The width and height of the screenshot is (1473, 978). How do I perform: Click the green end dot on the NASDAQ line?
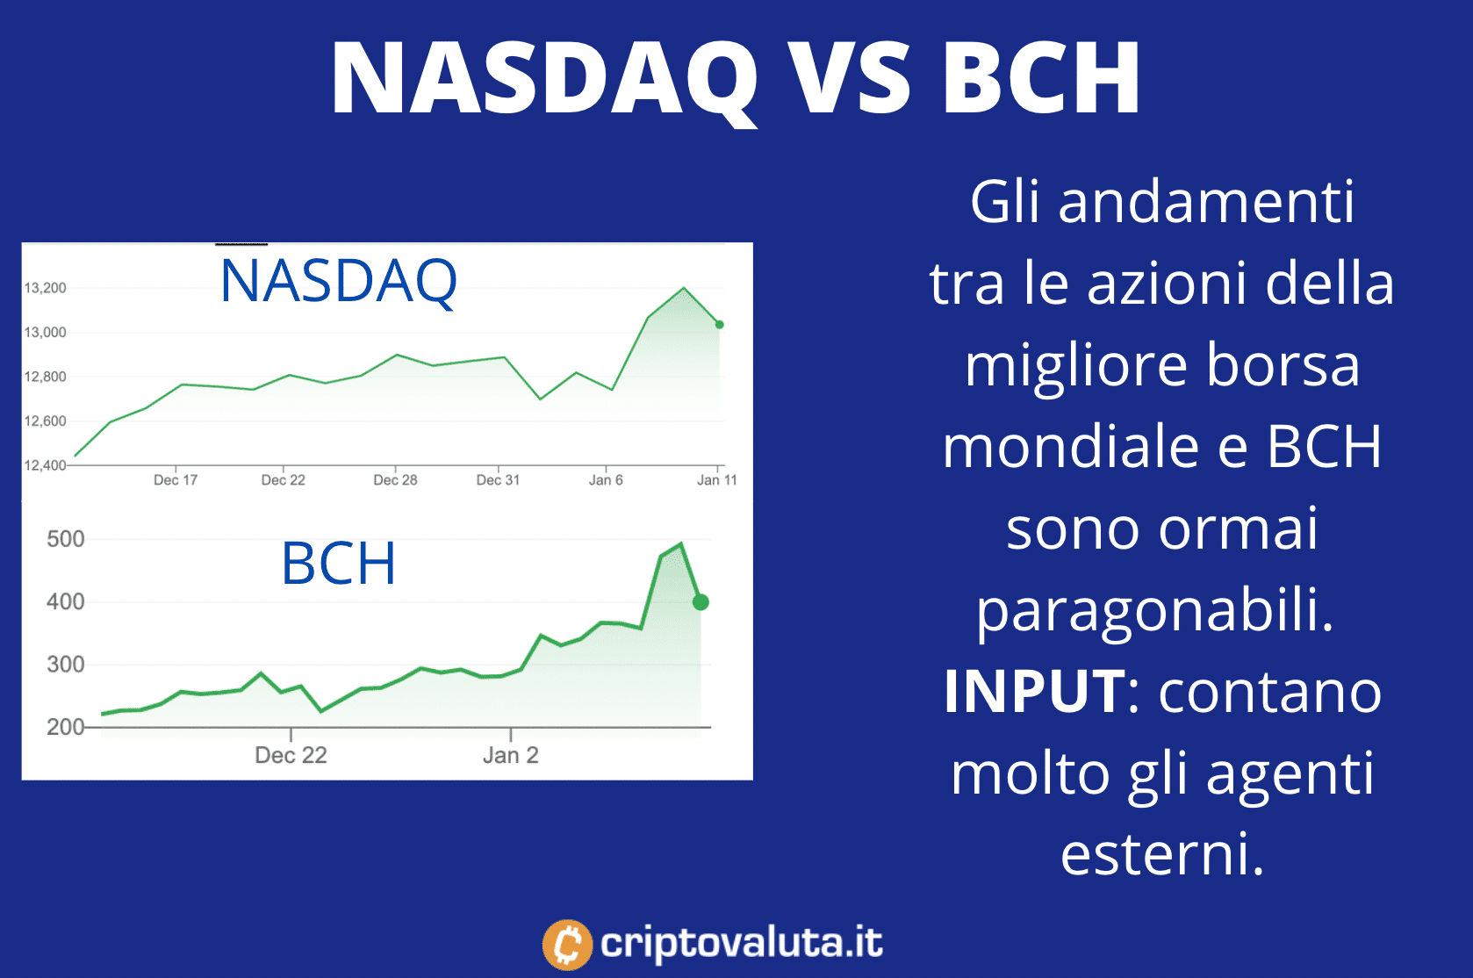tap(720, 324)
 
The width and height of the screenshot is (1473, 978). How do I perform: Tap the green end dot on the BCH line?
tap(701, 601)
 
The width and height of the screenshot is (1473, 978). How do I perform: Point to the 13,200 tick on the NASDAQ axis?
tap(46, 288)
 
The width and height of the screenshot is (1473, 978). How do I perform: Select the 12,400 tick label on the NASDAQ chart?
tap(46, 465)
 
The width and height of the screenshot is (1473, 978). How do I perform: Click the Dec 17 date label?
tap(176, 480)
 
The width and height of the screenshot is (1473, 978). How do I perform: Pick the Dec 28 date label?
tap(395, 480)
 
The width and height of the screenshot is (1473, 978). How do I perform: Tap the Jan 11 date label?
tap(717, 480)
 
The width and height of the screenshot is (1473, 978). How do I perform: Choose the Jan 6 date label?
tap(606, 480)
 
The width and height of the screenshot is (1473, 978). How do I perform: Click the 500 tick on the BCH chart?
tap(66, 539)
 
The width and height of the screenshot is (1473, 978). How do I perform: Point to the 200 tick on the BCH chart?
tap(66, 727)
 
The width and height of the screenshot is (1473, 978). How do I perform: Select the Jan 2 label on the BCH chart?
tap(511, 755)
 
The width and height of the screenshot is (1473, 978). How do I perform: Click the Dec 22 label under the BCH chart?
tap(291, 755)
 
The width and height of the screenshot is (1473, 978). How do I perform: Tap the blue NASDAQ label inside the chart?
tap(338, 282)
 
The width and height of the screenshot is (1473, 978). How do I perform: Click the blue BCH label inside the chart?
tap(338, 563)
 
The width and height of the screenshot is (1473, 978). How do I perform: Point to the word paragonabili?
tap(1154, 610)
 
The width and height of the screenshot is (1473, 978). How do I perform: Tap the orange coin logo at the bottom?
tap(567, 946)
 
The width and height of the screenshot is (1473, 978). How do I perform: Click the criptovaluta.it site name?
tap(741, 943)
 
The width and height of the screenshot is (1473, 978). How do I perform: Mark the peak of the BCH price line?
tap(680, 543)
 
